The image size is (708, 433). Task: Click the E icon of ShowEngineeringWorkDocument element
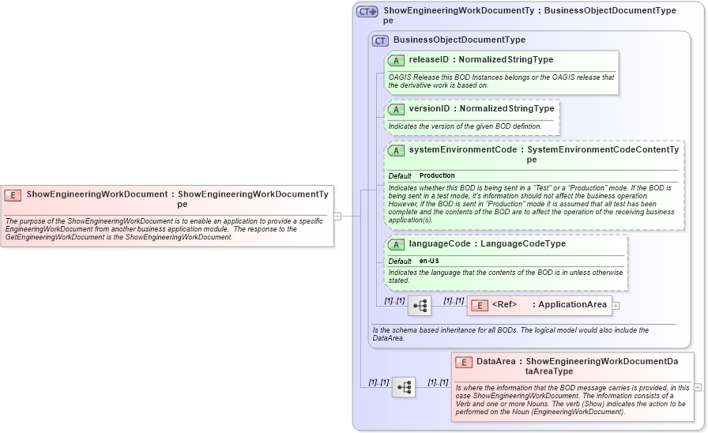[13, 194]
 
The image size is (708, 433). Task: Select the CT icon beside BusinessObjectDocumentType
[380, 40]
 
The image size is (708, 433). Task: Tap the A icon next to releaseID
[396, 60]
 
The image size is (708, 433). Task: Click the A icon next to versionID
[396, 109]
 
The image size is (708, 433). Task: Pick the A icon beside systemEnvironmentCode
[396, 150]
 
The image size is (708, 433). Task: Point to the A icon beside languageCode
[396, 244]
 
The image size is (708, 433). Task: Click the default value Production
[437, 175]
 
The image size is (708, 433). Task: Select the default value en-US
[429, 261]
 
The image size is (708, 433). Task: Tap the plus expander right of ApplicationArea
[616, 306]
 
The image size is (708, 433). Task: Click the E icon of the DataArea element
[464, 362]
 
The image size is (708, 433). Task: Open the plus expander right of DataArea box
[698, 387]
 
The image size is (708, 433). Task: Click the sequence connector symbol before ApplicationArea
[420, 306]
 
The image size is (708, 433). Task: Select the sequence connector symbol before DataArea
[404, 387]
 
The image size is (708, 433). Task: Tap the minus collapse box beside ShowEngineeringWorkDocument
[337, 215]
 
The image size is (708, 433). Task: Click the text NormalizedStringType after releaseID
[506, 59]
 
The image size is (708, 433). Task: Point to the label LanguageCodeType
[523, 243]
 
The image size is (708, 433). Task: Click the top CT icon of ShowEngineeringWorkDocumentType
[367, 12]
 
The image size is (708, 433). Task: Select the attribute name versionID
[429, 108]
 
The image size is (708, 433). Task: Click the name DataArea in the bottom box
[495, 361]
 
